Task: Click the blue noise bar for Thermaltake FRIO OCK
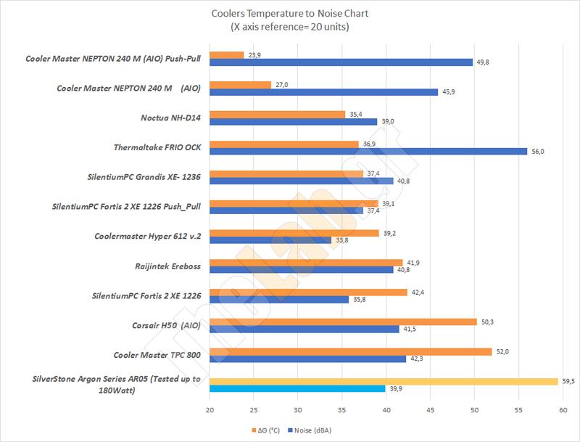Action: [368, 151]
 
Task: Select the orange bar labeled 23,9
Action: [226, 54]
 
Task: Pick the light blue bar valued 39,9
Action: [297, 388]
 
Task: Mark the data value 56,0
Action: [538, 151]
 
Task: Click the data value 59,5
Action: [569, 381]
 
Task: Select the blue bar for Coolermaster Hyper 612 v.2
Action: [270, 240]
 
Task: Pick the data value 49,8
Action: [484, 62]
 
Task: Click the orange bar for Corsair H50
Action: [343, 322]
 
